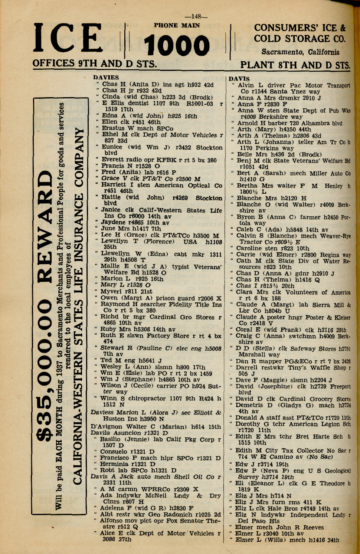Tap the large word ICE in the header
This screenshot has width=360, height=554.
tap(68, 38)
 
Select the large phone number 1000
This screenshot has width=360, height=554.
tap(177, 46)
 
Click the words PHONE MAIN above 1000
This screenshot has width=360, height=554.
tap(177, 26)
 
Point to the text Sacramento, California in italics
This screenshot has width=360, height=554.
tap(300, 52)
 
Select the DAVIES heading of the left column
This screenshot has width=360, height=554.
tap(106, 78)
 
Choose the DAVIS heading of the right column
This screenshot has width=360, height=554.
tap(239, 79)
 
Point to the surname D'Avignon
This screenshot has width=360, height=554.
tap(107, 426)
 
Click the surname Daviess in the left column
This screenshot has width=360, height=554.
tap(102, 412)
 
